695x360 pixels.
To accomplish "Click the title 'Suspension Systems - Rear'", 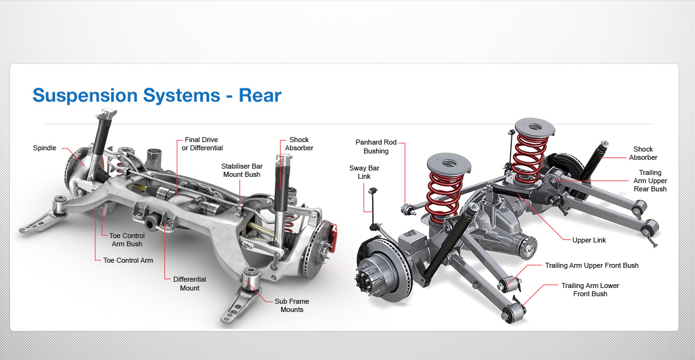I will point(157,95).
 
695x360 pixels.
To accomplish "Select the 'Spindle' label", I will point(44,148).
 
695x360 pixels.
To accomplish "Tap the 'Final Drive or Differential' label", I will point(202,144).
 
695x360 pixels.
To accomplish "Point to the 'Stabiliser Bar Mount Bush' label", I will point(241,171).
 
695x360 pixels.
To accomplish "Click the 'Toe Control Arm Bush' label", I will point(127,240).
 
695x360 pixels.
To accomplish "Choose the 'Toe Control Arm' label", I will point(128,260).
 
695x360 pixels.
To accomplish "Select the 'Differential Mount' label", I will point(190,284).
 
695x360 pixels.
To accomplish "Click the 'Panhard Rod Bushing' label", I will point(376,147).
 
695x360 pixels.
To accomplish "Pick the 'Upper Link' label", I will point(589,241).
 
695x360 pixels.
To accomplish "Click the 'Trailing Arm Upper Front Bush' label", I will point(591,266).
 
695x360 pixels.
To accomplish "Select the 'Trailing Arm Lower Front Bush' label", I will point(590,290).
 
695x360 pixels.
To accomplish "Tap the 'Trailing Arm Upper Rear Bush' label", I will point(650,181).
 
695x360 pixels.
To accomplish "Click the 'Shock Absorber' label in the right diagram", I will point(643,153).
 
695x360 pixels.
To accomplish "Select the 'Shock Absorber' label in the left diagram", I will point(299,144).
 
